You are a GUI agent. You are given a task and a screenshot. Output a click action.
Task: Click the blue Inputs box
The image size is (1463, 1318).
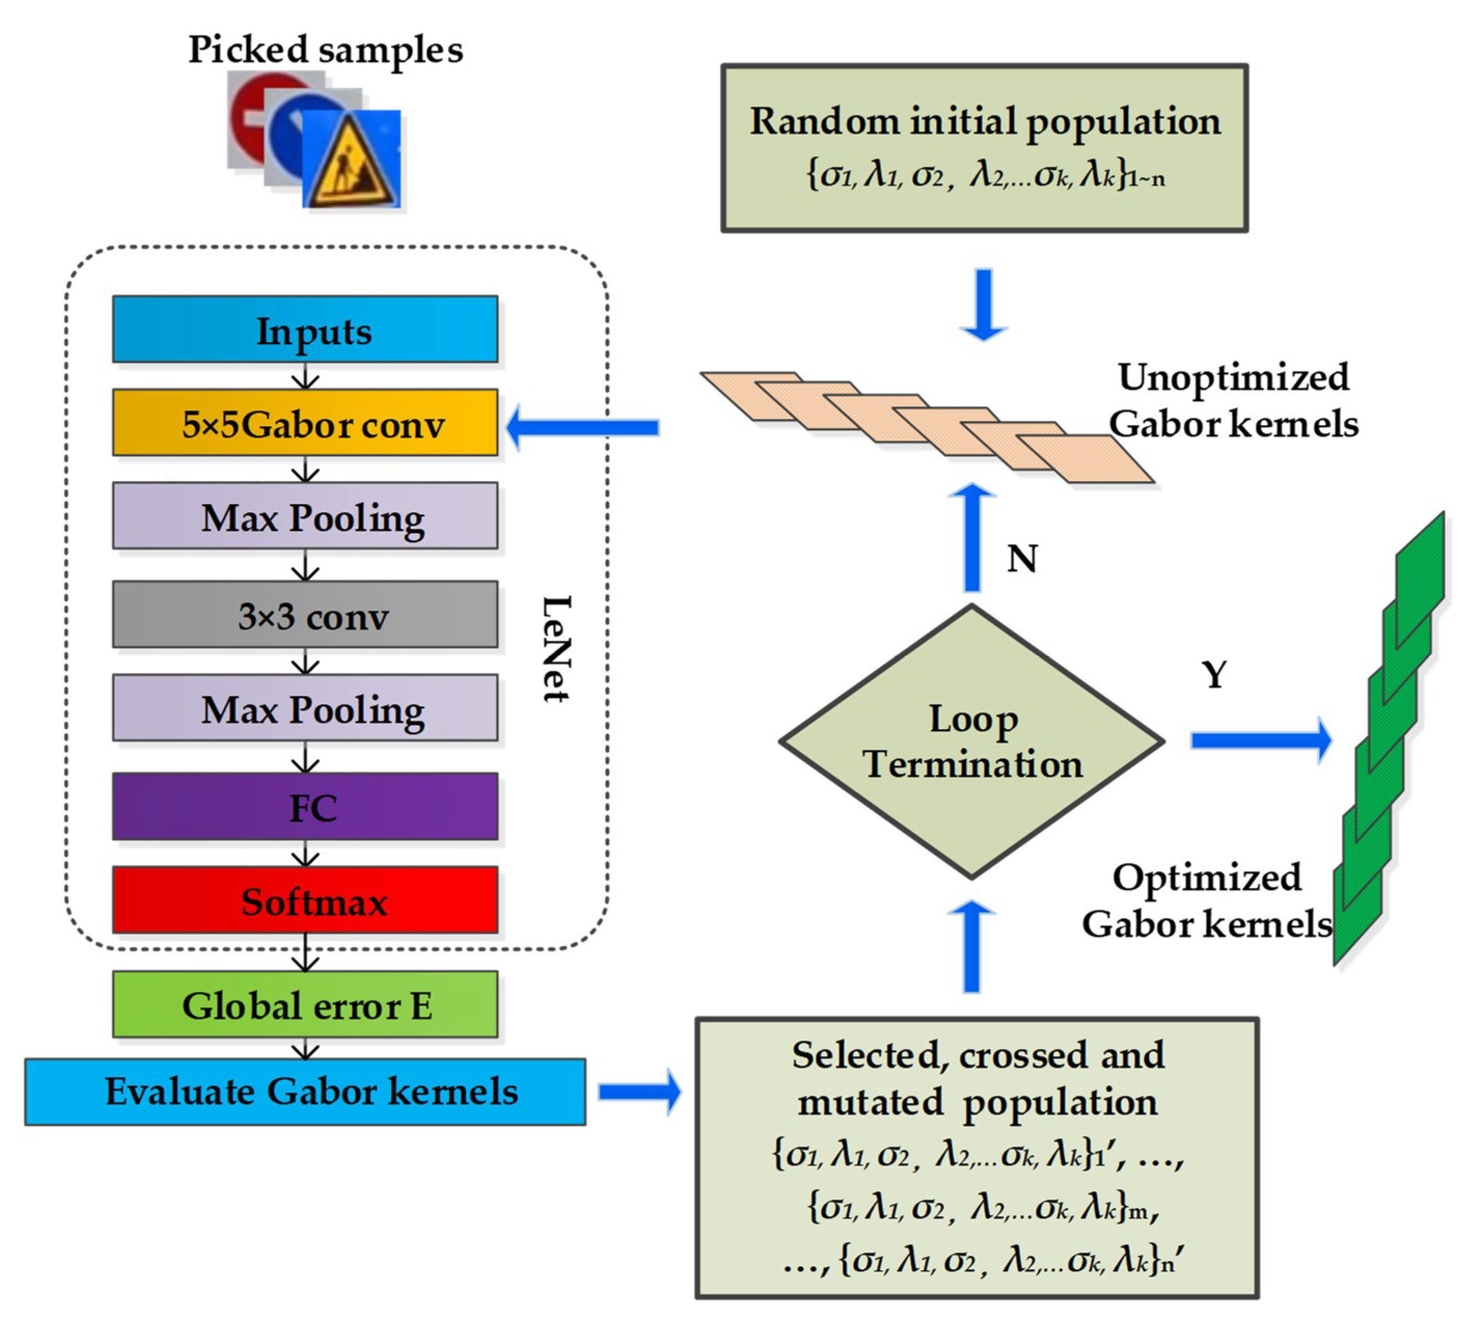pyautogui.click(x=305, y=330)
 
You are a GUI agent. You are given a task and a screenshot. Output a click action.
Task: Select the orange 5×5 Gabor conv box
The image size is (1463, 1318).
pyautogui.click(x=305, y=423)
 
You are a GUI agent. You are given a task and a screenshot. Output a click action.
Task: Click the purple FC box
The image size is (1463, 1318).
pyautogui.click(x=305, y=807)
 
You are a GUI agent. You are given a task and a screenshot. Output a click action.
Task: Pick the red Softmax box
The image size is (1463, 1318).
pyautogui.click(x=305, y=900)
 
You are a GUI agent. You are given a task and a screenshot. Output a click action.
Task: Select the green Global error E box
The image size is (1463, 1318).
pyautogui.click(x=305, y=1005)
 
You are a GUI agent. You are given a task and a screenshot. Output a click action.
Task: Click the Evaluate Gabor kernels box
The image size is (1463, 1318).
pyautogui.click(x=305, y=1091)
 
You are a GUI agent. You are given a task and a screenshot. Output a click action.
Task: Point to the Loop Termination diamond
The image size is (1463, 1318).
pyautogui.click(x=971, y=742)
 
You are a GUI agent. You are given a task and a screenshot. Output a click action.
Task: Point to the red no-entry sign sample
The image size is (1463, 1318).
pyautogui.click(x=250, y=116)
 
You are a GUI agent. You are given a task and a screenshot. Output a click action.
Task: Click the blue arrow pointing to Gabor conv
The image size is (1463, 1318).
pyautogui.click(x=582, y=427)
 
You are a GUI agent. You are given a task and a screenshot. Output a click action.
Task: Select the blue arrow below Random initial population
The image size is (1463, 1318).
pyautogui.click(x=983, y=304)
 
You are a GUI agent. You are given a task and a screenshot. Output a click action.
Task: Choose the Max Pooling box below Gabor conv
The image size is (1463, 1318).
pyautogui.click(x=305, y=516)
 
